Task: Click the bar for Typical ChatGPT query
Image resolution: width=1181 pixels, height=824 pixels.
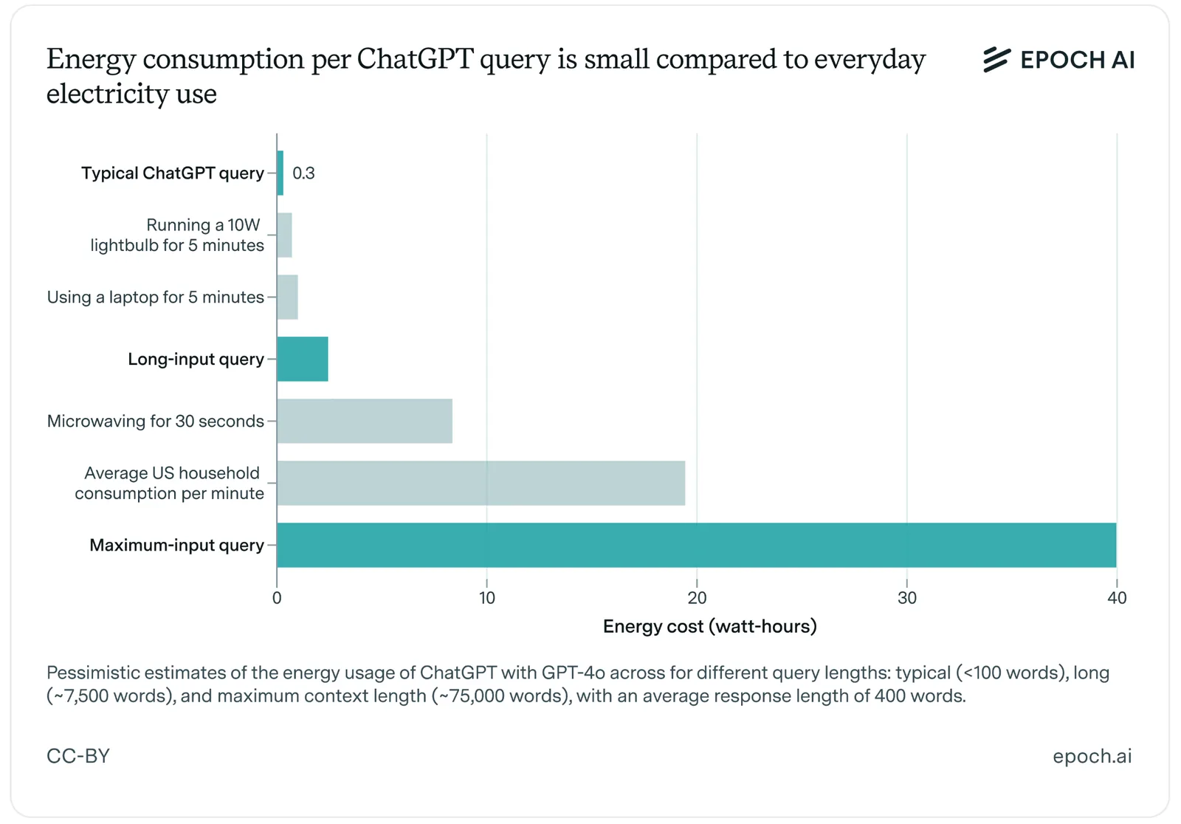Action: point(280,173)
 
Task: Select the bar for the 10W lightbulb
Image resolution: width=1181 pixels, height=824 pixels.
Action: point(285,236)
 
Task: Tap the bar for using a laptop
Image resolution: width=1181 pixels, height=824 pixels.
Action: point(287,297)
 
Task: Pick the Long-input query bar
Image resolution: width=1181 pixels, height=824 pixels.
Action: point(303,359)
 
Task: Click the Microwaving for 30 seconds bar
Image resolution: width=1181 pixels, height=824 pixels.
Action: point(365,421)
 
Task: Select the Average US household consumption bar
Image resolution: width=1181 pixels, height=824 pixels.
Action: point(481,483)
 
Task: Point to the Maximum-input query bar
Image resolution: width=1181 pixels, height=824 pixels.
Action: point(697,545)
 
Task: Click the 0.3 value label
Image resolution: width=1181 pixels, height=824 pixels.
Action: point(303,173)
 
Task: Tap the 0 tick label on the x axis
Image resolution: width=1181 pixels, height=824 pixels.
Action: point(277,597)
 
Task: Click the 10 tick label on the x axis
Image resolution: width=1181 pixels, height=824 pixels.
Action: point(487,597)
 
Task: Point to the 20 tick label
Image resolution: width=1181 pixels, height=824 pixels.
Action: point(697,597)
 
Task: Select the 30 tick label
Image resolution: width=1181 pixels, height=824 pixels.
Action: point(907,597)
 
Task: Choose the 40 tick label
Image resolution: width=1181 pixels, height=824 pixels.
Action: point(1117,597)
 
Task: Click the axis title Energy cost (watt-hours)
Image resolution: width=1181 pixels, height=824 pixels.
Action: point(709,626)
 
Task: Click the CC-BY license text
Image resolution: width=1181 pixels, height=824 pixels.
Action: point(78,756)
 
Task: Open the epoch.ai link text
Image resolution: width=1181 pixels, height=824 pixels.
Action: point(1092,757)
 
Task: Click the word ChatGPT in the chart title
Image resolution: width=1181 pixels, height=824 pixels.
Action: point(416,58)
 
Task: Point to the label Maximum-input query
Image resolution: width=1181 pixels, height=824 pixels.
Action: point(176,545)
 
